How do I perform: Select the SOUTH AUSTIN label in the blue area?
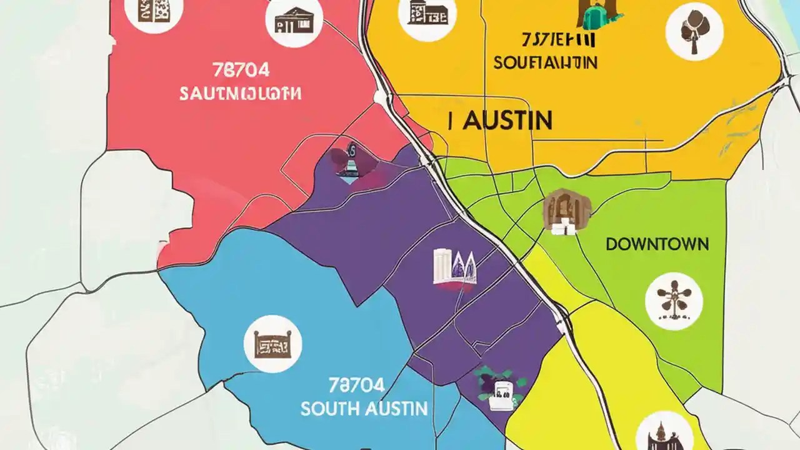[364, 409]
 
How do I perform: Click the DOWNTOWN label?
[657, 244]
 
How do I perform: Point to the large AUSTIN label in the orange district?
[500, 120]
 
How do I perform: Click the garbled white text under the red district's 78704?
[240, 94]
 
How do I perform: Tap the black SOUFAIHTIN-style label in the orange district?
[545, 63]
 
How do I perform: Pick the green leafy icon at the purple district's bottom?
[500, 386]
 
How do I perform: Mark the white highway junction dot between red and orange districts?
[380, 97]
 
